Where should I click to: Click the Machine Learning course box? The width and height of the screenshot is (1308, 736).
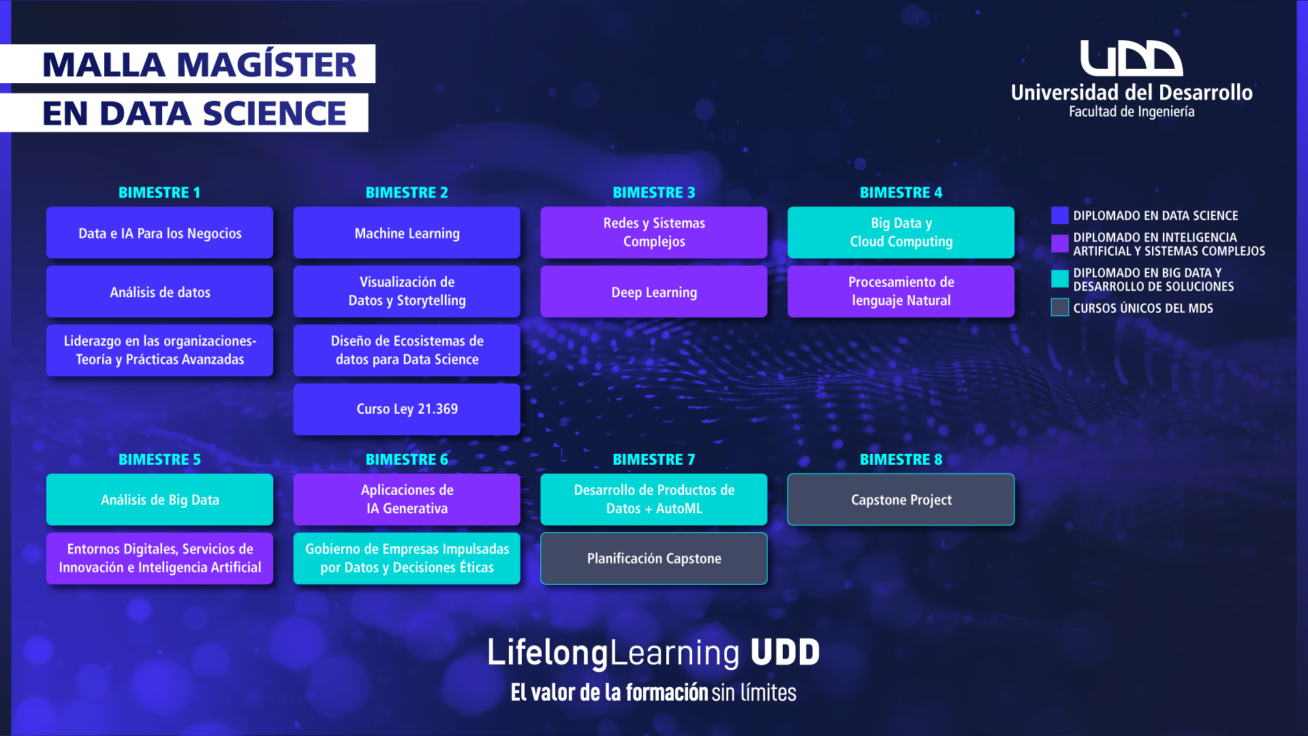pyautogui.click(x=407, y=232)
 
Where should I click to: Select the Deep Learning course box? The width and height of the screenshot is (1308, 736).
pyautogui.click(x=654, y=292)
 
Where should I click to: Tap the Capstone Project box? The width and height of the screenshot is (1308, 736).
pyautogui.click(x=901, y=500)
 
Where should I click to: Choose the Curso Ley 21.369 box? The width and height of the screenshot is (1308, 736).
pyautogui.click(x=407, y=409)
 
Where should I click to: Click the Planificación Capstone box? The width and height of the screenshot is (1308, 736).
pyautogui.click(x=654, y=558)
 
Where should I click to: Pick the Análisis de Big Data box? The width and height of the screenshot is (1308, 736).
pyautogui.click(x=159, y=500)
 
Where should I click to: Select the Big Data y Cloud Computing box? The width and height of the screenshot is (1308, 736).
pyautogui.click(x=901, y=232)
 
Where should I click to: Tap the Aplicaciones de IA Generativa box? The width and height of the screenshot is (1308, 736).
pyautogui.click(x=407, y=500)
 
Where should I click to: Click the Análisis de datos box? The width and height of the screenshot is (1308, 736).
pyautogui.click(x=159, y=292)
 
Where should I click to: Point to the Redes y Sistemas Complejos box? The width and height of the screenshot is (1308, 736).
pyautogui.click(x=654, y=232)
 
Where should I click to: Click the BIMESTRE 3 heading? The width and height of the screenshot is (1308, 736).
pyautogui.click(x=654, y=193)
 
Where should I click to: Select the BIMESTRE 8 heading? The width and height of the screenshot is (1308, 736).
pyautogui.click(x=901, y=460)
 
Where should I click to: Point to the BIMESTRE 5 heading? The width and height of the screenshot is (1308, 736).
pyautogui.click(x=159, y=460)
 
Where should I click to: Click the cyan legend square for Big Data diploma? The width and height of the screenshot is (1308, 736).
pyautogui.click(x=1060, y=279)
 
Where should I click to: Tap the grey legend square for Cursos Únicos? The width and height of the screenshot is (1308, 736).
pyautogui.click(x=1060, y=307)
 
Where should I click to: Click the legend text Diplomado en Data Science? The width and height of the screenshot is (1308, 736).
pyautogui.click(x=1155, y=215)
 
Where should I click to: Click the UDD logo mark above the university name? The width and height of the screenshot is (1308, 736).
pyautogui.click(x=1132, y=58)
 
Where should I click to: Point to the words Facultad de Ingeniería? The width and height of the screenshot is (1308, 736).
pyautogui.click(x=1132, y=112)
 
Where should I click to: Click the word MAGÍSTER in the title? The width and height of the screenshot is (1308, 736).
pyautogui.click(x=266, y=65)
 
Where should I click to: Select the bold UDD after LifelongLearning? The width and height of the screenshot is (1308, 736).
pyautogui.click(x=785, y=652)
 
